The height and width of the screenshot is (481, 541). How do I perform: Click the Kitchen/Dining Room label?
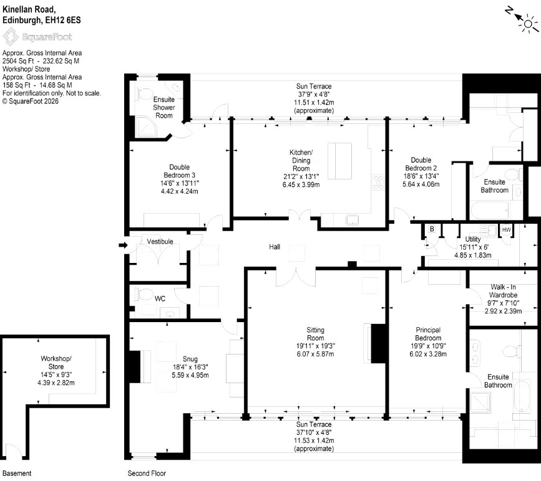(x=301, y=160)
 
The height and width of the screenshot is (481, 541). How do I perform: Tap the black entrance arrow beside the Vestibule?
(x=123, y=245)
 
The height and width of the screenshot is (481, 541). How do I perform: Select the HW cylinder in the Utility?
(x=506, y=230)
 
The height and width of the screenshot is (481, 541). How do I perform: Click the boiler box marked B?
(x=432, y=229)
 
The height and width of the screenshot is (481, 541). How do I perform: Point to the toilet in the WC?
(x=146, y=295)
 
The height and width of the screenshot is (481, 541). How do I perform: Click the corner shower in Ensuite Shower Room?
(x=145, y=127)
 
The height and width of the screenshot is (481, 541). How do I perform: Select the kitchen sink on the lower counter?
(x=353, y=219)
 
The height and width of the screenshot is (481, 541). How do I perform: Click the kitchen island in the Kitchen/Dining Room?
(x=339, y=161)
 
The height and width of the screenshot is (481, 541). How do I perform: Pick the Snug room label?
(x=190, y=359)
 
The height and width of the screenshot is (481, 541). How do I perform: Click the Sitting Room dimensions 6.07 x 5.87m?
(x=315, y=354)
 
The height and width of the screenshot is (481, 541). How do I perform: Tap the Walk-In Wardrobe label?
(x=503, y=291)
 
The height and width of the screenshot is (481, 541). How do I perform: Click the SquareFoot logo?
(x=37, y=37)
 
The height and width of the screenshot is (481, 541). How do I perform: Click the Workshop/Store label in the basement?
(x=56, y=363)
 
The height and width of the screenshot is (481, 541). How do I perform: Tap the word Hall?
(x=275, y=247)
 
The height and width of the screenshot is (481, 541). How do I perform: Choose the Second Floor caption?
(x=147, y=474)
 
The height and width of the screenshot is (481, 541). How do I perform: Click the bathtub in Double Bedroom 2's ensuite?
(x=490, y=211)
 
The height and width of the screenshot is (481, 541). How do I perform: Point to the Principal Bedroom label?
(x=428, y=334)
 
